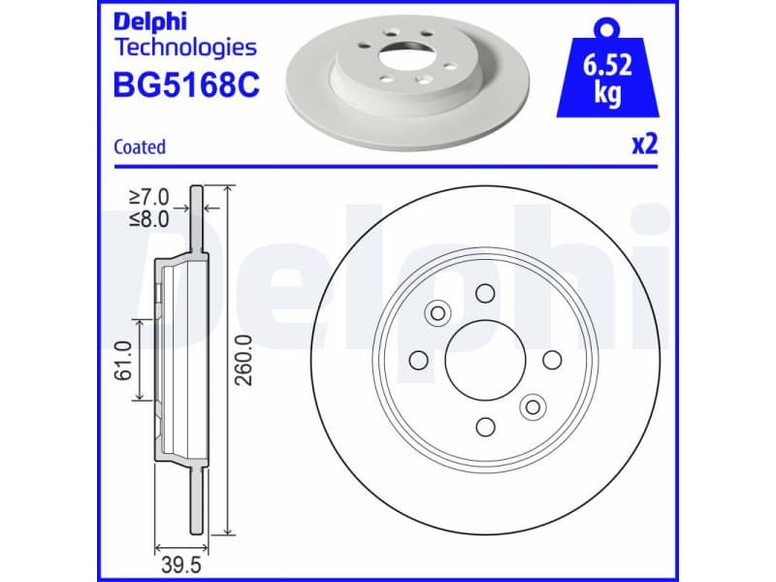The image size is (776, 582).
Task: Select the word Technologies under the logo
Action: pos(185,47)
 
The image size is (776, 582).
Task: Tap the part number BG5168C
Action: pos(187,84)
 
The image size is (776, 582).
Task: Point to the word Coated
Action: pos(140,147)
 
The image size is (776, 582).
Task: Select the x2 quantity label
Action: pos(644,145)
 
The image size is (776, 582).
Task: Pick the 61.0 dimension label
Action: pos(123,361)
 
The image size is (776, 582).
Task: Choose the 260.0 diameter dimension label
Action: pos(244,361)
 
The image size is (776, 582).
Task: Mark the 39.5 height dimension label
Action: pos(179,563)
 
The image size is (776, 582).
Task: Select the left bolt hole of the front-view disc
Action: pos(419,361)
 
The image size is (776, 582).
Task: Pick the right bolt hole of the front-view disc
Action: pos(551,361)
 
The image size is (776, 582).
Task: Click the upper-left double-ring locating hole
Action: pos(437,312)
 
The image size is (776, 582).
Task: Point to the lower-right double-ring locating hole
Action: pos(532,407)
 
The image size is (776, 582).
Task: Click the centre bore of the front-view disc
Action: pos(485,361)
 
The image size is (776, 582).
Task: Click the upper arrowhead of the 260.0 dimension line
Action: pos(227,191)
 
